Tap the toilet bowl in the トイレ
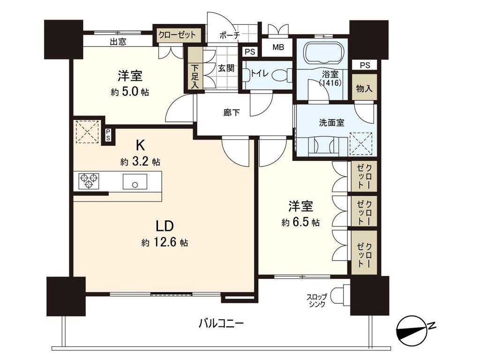(281, 75)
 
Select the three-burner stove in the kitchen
(89, 181)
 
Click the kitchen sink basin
(135, 181)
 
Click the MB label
(278, 47)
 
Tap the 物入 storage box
(364, 88)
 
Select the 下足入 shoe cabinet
(195, 69)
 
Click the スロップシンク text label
(317, 300)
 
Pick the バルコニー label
(221, 323)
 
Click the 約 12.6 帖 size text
(165, 243)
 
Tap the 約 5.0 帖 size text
(130, 92)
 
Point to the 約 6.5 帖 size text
(300, 222)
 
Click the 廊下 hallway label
(231, 112)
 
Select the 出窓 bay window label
(118, 41)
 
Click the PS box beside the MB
(250, 52)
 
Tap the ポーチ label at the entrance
(230, 35)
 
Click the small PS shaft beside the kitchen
(108, 135)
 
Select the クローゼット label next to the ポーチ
(177, 35)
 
